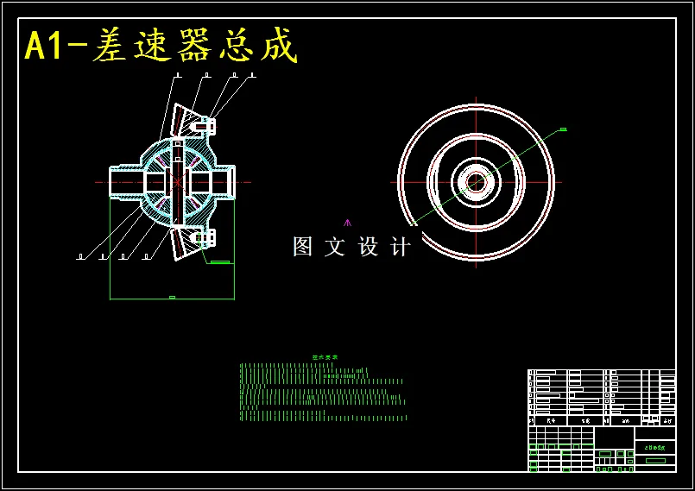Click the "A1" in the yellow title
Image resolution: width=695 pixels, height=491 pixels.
point(43,46)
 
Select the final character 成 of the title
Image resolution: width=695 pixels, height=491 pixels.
point(277,46)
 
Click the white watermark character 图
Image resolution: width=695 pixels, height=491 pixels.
point(303,247)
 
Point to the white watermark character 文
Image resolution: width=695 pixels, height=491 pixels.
point(335,247)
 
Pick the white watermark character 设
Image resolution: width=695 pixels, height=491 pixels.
point(368,247)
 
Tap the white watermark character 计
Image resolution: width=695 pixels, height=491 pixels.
point(400,247)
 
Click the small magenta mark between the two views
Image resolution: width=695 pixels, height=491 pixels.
point(348,223)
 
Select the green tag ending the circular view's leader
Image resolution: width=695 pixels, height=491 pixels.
point(563,129)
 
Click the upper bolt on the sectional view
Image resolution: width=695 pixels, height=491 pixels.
point(205,126)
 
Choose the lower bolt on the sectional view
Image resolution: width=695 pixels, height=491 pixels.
point(205,236)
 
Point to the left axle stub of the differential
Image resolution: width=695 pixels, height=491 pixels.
point(123,181)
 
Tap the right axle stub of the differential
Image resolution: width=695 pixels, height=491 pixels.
point(223,181)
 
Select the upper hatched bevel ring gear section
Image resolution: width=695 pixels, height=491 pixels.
point(187,121)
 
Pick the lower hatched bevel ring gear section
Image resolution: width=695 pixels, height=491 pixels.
point(186,242)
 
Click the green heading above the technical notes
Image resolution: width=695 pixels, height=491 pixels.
point(325,357)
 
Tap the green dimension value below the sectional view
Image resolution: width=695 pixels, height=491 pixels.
point(172,297)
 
